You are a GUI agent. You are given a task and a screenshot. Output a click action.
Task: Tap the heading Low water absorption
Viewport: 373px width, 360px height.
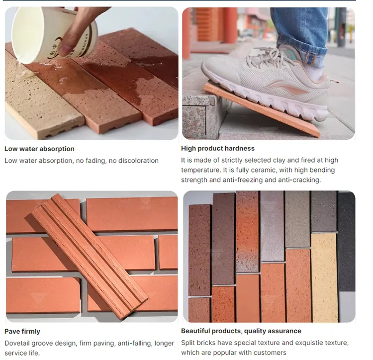39,149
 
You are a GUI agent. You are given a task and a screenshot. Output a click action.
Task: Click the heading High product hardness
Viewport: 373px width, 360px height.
217,149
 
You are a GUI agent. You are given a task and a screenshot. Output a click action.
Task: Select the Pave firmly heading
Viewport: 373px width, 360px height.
22,331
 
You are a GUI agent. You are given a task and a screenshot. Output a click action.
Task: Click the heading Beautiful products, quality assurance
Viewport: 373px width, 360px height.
241,331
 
